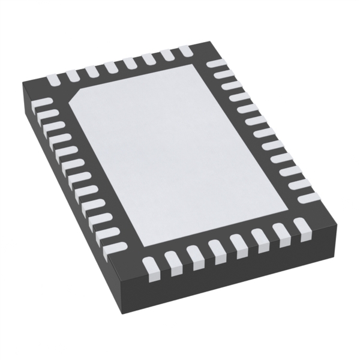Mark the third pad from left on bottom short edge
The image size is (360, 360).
193,254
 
